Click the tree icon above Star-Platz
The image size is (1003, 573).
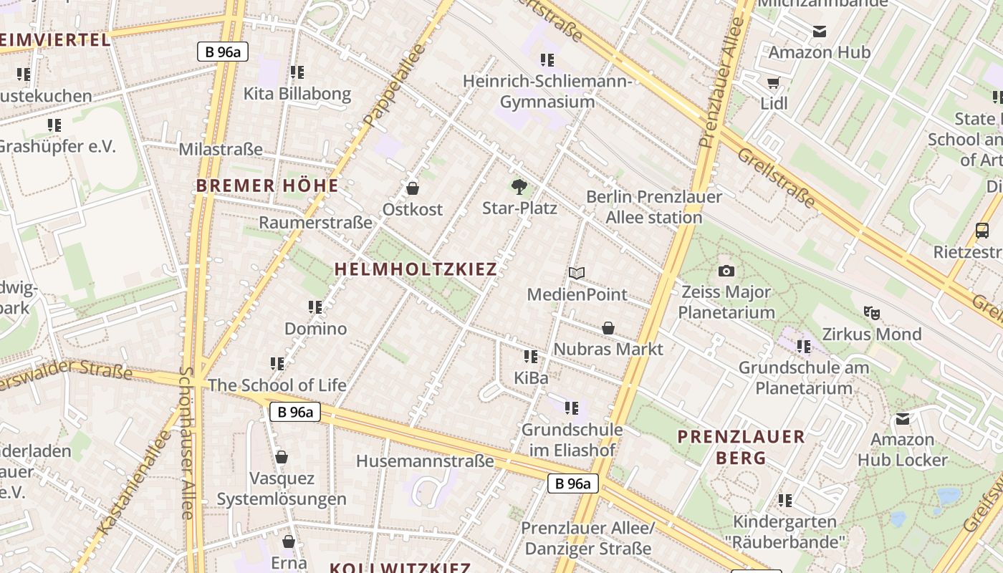tap(519, 188)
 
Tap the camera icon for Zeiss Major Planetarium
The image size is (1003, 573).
tap(726, 271)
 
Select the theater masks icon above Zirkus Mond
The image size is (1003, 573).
tap(871, 312)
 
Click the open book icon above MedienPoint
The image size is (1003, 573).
tap(577, 273)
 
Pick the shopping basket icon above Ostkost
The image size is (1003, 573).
tap(412, 188)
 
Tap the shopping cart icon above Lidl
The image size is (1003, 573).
tap(773, 82)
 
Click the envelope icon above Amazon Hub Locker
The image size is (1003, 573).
tap(903, 418)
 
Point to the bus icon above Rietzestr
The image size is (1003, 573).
tap(982, 231)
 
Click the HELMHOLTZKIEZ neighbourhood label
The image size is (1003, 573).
tap(416, 269)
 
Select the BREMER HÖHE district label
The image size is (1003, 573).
tap(267, 186)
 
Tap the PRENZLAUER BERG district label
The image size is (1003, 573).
tap(742, 447)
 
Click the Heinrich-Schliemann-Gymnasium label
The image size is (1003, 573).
tap(547, 91)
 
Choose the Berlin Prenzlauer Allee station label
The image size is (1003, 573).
tap(654, 206)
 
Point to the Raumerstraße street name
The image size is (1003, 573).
tap(315, 223)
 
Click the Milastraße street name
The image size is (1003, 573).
tap(221, 150)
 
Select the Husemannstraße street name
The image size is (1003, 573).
tap(425, 461)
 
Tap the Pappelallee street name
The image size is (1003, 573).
tap(394, 85)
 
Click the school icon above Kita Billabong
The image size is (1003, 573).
tap(297, 72)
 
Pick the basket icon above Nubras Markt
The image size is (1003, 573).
tap(608, 328)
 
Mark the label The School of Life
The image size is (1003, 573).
tap(277, 385)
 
